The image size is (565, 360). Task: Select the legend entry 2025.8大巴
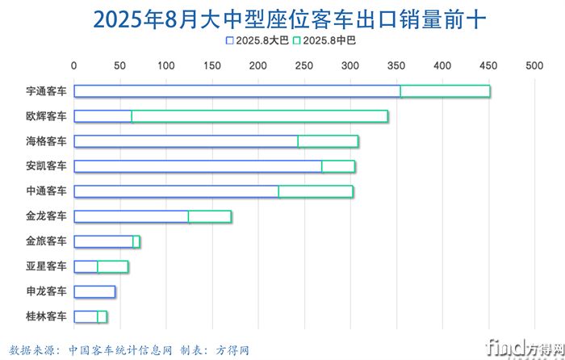pyautogui.click(x=257, y=40)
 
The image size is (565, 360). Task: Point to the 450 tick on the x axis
pyautogui.click(x=488, y=66)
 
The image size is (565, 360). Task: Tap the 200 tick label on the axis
pyautogui.click(x=258, y=66)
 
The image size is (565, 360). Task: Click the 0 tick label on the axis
pyautogui.click(x=74, y=66)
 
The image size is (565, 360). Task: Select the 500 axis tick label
pyautogui.click(x=534, y=66)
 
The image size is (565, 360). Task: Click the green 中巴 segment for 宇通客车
pyautogui.click(x=445, y=91)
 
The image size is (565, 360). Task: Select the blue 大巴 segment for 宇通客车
pyautogui.click(x=236, y=91)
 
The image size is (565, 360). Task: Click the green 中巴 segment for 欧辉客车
pyautogui.click(x=259, y=116)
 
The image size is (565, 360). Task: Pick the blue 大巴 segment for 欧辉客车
pyautogui.click(x=103, y=116)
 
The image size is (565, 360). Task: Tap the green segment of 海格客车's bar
pyautogui.click(x=328, y=141)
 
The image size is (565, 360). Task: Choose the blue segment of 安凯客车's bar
pyautogui.click(x=198, y=166)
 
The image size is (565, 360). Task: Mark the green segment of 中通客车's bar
pyautogui.click(x=316, y=191)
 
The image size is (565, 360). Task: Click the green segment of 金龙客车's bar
pyautogui.click(x=210, y=216)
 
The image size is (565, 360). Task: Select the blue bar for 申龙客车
pyautogui.click(x=94, y=291)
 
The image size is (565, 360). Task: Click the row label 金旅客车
pyautogui.click(x=46, y=241)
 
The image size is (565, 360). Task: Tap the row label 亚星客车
pyautogui.click(x=46, y=266)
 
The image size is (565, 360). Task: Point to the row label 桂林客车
pyautogui.click(x=46, y=316)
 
